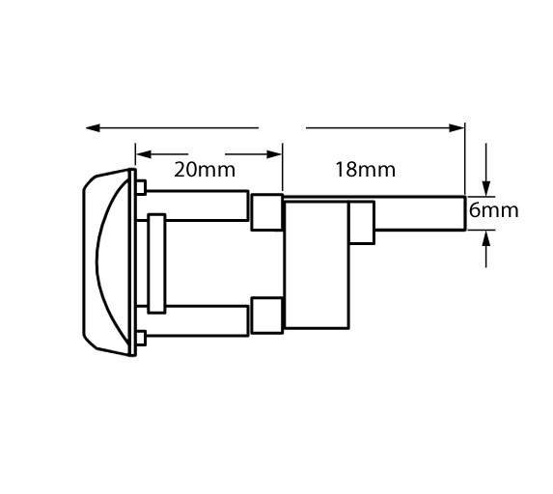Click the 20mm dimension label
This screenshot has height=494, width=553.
pos(205,170)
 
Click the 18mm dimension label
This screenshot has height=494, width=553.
pos(365,170)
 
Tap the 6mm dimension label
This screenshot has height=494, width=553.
pos(494,210)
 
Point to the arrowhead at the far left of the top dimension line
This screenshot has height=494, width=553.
pos(93,127)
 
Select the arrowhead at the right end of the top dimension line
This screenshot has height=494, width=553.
pos(456,127)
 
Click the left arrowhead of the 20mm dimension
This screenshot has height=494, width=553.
pos(144,154)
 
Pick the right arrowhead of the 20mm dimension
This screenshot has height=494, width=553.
pos(274,154)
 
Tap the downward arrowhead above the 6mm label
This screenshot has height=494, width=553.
pos(486,188)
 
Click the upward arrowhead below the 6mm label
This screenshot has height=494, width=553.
pos(486,238)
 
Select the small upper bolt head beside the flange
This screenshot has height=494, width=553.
pos(141,187)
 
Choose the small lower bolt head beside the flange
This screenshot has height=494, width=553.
pos(141,338)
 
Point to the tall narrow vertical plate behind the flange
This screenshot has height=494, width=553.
pos(156,263)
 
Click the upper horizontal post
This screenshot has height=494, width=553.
pos(198,206)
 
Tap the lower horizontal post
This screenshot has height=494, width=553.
pos(198,321)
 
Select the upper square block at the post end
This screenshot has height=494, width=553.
pos(267,212)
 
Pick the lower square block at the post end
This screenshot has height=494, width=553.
pos(267,316)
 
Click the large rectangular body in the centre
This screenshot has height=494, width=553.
pos(317,264)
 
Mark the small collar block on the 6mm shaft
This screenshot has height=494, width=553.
pos(362,223)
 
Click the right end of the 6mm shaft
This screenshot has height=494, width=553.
pos(465,213)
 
